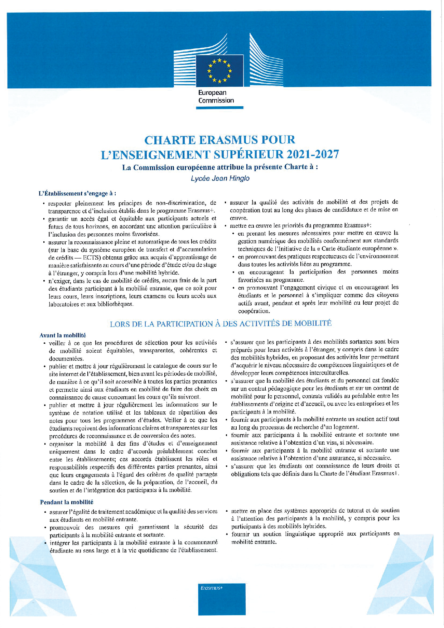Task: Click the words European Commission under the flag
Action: tap(216, 97)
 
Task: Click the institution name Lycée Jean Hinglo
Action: tap(220, 178)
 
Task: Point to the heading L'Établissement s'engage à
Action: tap(77, 193)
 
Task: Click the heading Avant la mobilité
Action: tap(63, 335)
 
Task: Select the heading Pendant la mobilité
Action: tap(67, 502)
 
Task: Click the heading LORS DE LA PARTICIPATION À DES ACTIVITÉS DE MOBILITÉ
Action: tap(221, 324)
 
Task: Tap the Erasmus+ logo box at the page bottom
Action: tap(222, 599)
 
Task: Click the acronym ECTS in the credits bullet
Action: tap(91, 257)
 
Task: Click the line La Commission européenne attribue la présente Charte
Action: tap(220, 167)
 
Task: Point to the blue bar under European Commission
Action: tap(220, 107)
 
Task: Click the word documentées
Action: tap(66, 358)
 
